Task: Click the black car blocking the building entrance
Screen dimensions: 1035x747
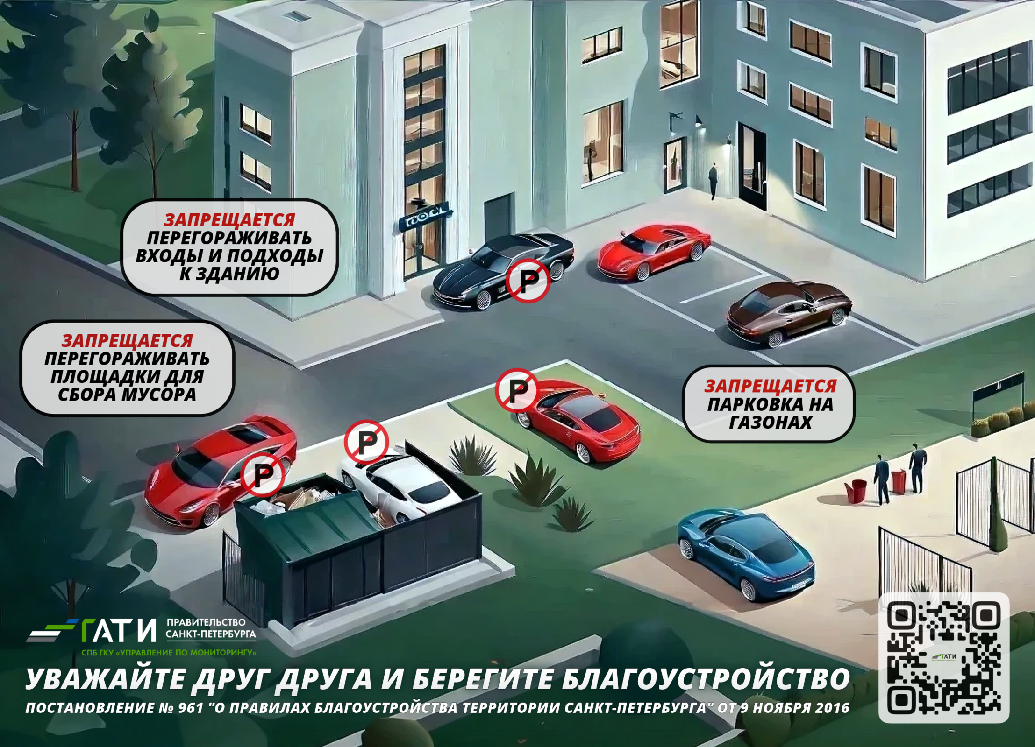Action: pyautogui.click(x=503, y=271)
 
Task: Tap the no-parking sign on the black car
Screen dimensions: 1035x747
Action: pyautogui.click(x=528, y=281)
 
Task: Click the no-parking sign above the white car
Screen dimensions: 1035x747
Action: pyautogui.click(x=366, y=442)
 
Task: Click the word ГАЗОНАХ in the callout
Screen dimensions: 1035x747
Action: pyautogui.click(x=770, y=422)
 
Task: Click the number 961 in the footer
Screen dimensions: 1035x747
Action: pyautogui.click(x=191, y=708)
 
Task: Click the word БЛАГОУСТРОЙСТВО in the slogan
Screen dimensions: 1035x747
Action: pyautogui.click(x=706, y=679)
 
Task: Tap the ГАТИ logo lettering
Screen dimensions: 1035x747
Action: pyautogui.click(x=119, y=630)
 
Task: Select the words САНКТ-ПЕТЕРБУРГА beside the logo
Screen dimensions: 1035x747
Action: pyautogui.click(x=211, y=634)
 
